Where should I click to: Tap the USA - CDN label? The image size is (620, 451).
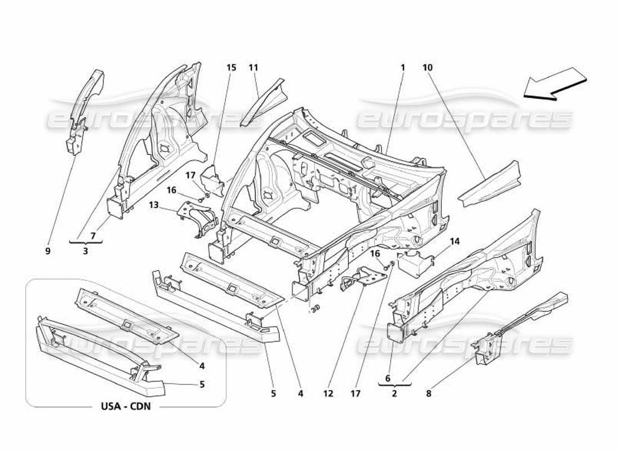pos(126,406)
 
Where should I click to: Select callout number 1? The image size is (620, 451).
pos(403,68)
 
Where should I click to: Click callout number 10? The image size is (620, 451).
pos(427,68)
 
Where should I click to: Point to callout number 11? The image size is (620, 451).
pos(254,68)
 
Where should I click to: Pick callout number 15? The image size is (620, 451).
pos(231,68)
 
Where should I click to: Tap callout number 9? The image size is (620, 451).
pos(48,251)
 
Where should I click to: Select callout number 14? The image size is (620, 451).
pos(455,241)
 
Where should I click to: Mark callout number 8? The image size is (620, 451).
pos(428,394)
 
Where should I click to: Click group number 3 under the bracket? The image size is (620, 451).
pos(85,251)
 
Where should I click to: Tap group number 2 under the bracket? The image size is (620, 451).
pos(394,394)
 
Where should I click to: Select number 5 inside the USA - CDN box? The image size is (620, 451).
pos(202,384)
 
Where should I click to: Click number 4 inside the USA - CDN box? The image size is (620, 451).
pos(202,365)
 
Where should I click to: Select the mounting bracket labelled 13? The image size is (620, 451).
pos(198,220)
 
